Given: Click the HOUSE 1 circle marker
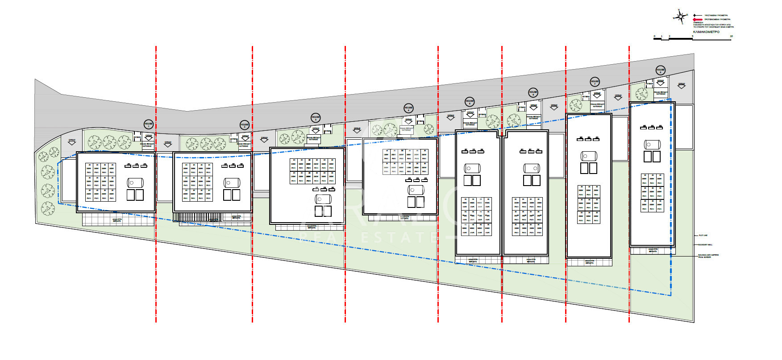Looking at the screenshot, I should tap(149, 124).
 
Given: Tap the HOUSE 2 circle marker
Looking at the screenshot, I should tap(245, 125).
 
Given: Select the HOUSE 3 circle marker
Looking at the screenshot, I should tap(316, 118).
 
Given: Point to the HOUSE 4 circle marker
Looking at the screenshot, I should tap(408, 108).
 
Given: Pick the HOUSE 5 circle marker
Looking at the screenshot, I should tap(470, 101).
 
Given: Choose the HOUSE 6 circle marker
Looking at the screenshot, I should tap(533, 93).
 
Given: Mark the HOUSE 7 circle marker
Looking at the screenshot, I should tap(595, 82).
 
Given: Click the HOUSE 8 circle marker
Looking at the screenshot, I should tap(661, 70).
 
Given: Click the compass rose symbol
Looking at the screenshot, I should tap(680, 17).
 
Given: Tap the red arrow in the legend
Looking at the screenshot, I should tap(696, 20).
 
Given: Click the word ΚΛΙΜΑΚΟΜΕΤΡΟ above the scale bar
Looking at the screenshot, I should tap(706, 32).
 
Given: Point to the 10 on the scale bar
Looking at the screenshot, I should tap(731, 36).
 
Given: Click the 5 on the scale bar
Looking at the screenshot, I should tap(693, 36).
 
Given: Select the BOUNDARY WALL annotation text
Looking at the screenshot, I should tap(705, 244).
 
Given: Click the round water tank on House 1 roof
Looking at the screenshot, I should tap(135, 182).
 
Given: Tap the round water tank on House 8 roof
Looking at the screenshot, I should tap(652, 145).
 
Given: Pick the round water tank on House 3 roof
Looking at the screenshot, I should tap(323, 199).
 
